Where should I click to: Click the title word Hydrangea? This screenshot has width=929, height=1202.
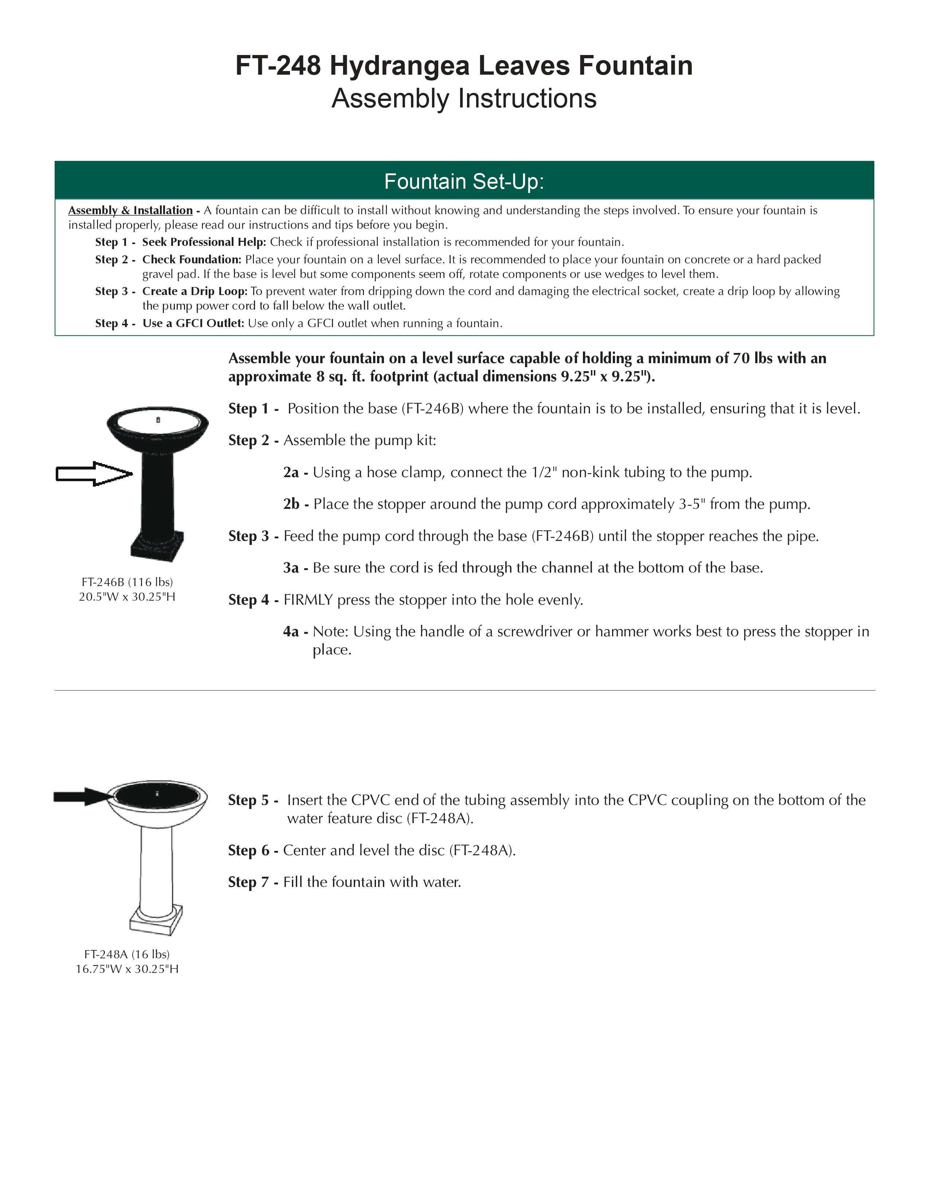[x=400, y=66]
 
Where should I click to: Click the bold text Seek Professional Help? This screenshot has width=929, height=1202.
[x=204, y=242]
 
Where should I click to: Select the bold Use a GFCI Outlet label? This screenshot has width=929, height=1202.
[x=193, y=323]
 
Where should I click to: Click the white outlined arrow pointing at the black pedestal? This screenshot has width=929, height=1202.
[x=94, y=473]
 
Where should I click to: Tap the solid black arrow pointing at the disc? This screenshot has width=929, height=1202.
[x=83, y=796]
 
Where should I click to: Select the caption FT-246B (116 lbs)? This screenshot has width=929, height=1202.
[x=127, y=582]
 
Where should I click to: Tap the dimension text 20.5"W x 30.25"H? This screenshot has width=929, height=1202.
[x=127, y=597]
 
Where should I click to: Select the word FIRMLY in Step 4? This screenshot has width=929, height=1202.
[x=308, y=600]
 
